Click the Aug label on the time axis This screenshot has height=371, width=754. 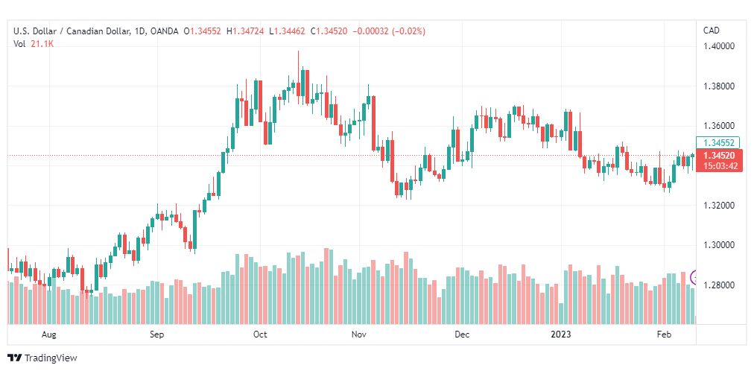[49, 334]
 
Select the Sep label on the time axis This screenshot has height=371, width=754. [156, 334]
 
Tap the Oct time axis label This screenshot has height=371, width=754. [260, 334]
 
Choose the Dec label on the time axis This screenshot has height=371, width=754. [462, 334]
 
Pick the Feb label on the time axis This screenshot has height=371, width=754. [664, 334]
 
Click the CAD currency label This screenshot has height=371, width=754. [711, 31]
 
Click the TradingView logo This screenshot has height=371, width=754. [42, 358]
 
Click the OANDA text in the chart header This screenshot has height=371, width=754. [163, 31]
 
